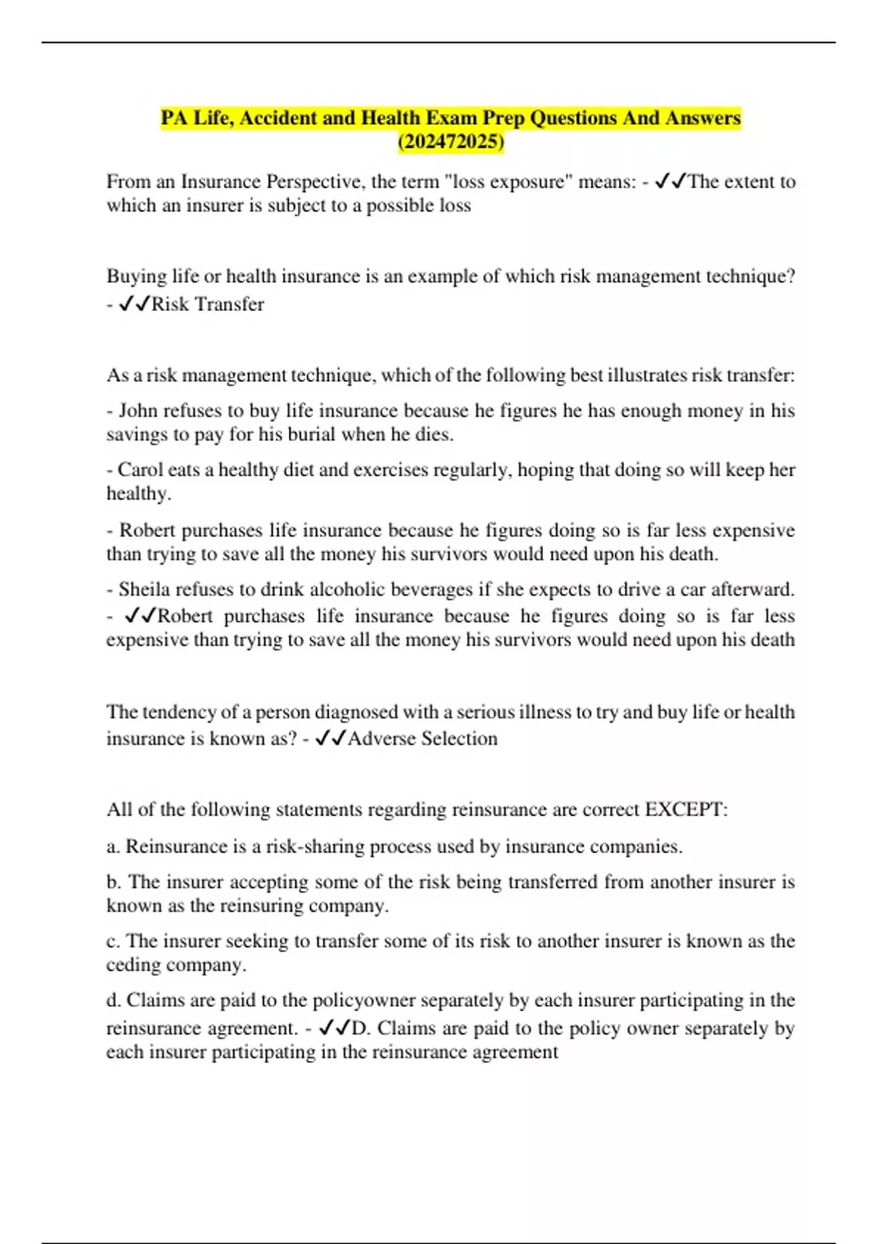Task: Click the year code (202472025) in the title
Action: tap(451, 141)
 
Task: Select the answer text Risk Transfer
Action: tap(207, 304)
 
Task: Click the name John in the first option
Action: tap(138, 411)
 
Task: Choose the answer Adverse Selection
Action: tap(423, 738)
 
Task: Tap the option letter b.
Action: tap(113, 882)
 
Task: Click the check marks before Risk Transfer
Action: tap(134, 304)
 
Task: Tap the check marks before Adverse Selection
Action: tap(330, 738)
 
